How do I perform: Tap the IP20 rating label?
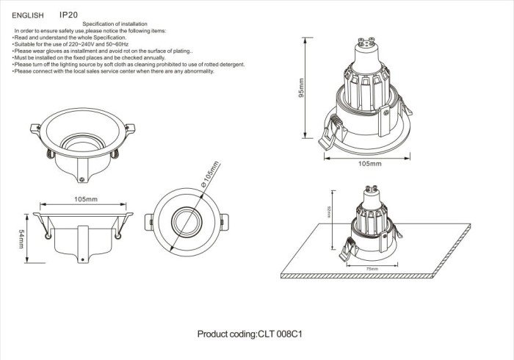click(x=68, y=14)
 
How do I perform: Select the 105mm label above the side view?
click(x=86, y=199)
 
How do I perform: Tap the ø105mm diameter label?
click(x=208, y=174)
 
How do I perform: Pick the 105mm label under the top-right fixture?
click(x=369, y=164)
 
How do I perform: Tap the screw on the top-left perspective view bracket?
click(x=83, y=176)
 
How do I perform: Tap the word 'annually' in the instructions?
click(x=152, y=58)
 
